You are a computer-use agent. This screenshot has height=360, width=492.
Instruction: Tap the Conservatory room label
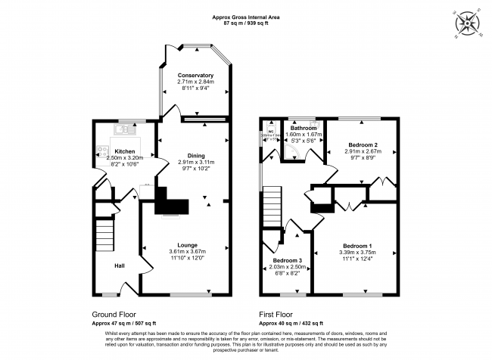coord(195,76)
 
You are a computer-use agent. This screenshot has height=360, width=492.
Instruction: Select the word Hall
coord(120,265)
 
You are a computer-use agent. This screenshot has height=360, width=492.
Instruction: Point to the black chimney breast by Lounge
coord(171,202)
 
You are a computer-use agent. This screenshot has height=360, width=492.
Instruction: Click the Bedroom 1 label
coord(357,247)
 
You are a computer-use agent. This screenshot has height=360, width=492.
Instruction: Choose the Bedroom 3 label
coord(288,260)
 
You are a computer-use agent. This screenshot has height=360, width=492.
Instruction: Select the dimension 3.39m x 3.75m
coord(357,253)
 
